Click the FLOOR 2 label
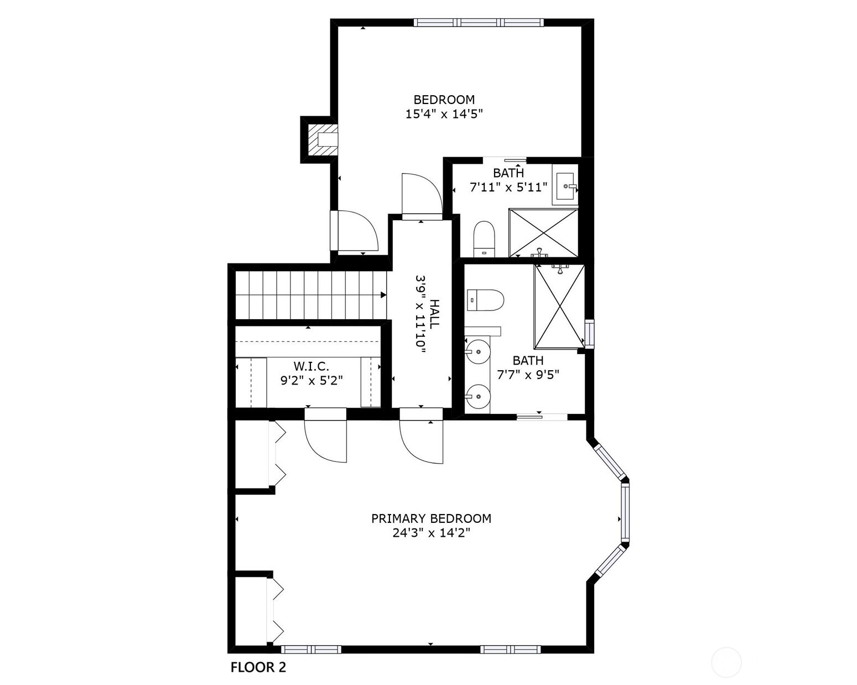(x=258, y=667)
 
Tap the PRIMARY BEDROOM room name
(x=431, y=518)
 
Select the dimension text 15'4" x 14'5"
(x=444, y=114)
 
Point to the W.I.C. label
(x=311, y=366)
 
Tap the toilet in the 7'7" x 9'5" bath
(x=485, y=300)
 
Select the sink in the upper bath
(x=565, y=185)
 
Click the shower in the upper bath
(x=543, y=233)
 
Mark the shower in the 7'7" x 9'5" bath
(x=559, y=306)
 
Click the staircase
(x=310, y=295)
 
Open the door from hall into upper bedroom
(x=422, y=196)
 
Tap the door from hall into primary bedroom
(x=422, y=437)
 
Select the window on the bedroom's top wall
(x=479, y=23)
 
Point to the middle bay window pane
(x=625, y=512)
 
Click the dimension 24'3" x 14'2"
(x=431, y=533)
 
